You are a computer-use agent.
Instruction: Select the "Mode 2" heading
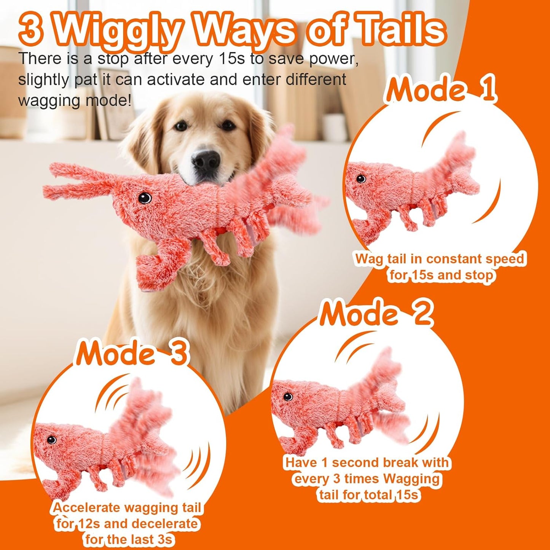pos(376,313)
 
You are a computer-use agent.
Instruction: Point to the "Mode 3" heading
pos(132,353)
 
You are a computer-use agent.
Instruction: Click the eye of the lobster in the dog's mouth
pos(145,198)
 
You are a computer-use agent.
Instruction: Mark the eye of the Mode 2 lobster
pos(288,397)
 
